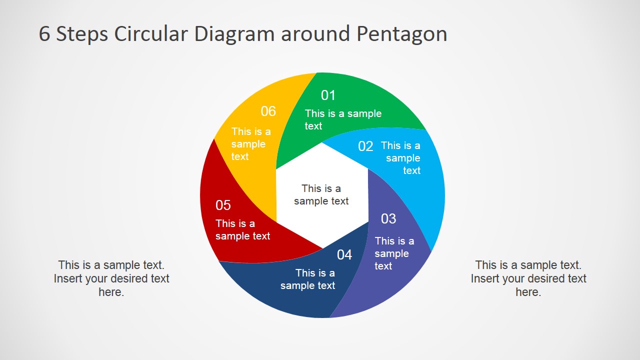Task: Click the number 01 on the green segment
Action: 328,95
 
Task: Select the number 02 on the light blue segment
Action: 365,146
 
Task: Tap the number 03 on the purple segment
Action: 388,219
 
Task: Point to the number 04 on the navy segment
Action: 344,255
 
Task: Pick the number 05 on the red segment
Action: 223,205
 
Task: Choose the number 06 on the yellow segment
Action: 268,111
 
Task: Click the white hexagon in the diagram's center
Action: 321,195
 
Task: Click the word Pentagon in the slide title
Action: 401,34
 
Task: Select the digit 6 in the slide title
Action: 44,34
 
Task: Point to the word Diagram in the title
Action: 234,34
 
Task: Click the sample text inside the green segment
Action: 343,120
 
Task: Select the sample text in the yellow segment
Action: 250,144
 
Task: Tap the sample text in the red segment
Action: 242,230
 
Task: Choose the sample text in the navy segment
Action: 308,279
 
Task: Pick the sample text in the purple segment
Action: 394,253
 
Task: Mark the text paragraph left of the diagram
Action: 111,278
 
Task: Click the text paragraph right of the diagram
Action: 528,278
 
